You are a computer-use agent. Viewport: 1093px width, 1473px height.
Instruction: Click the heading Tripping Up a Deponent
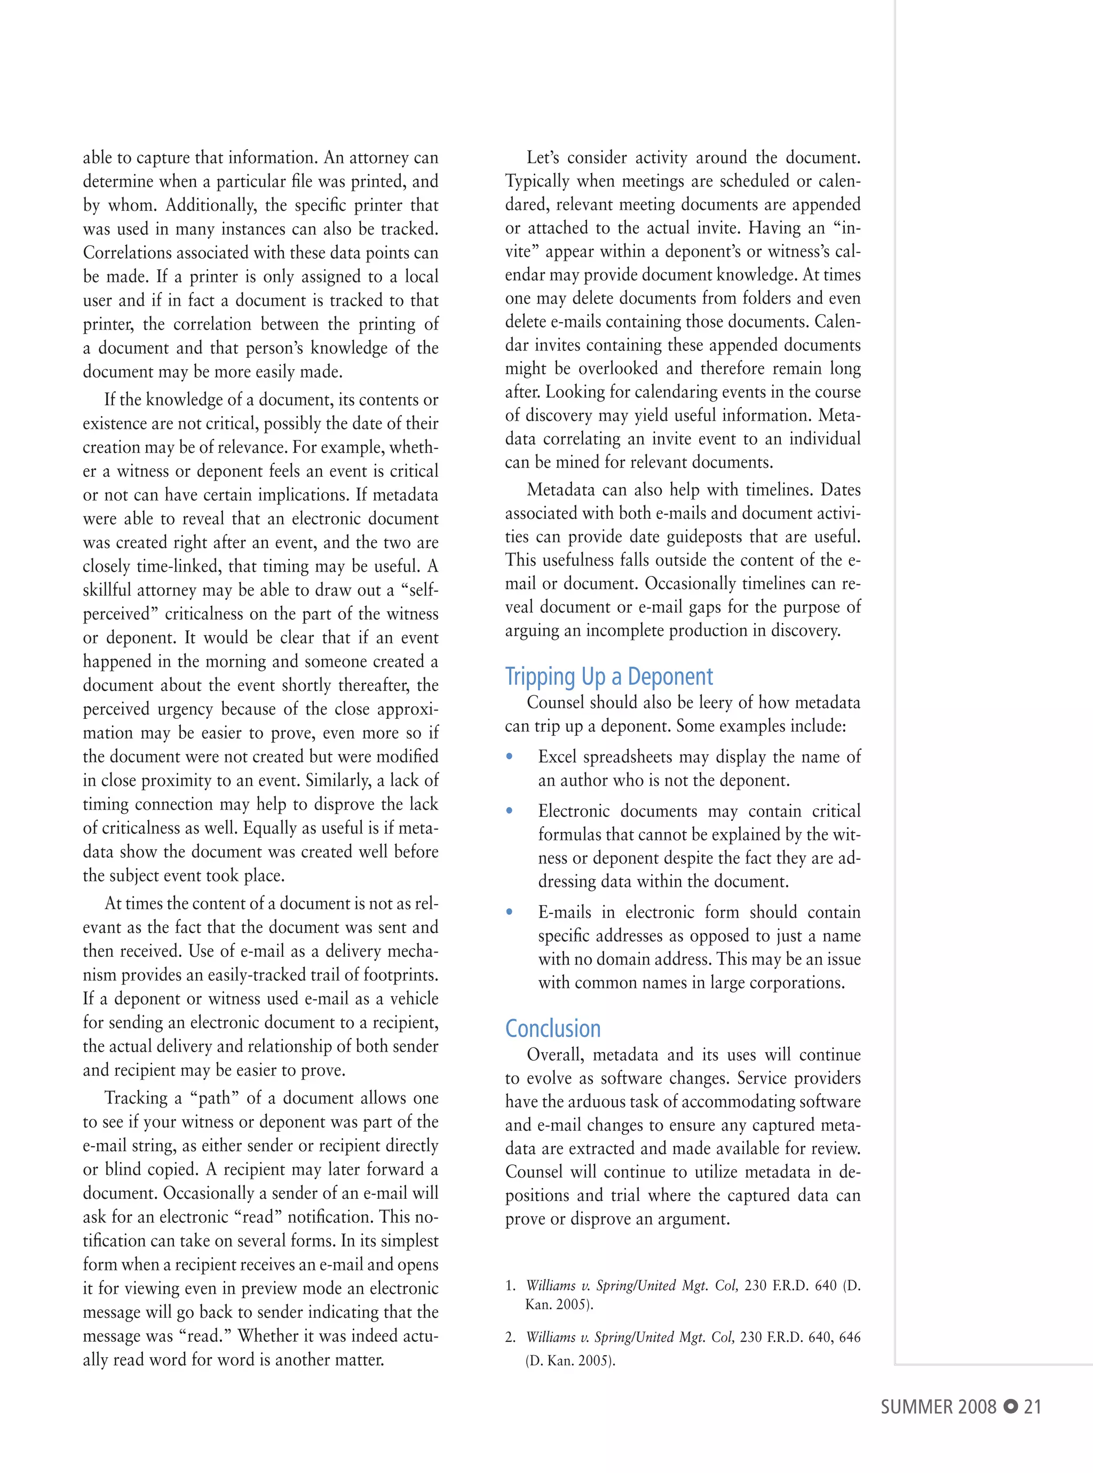[609, 676]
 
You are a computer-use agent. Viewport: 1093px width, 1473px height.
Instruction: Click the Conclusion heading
[552, 1029]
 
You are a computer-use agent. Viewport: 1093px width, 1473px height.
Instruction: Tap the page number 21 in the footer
[1032, 1407]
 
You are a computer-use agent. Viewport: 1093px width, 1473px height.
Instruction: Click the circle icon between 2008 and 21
[1010, 1407]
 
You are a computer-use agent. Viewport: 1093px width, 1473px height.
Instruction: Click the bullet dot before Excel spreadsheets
[510, 756]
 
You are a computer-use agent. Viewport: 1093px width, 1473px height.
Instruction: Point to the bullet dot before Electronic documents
[510, 811]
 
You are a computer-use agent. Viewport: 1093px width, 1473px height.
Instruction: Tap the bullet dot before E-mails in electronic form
[510, 912]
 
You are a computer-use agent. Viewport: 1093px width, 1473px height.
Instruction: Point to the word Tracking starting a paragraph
[136, 1098]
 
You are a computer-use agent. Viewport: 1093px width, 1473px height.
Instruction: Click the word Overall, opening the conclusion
[555, 1055]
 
